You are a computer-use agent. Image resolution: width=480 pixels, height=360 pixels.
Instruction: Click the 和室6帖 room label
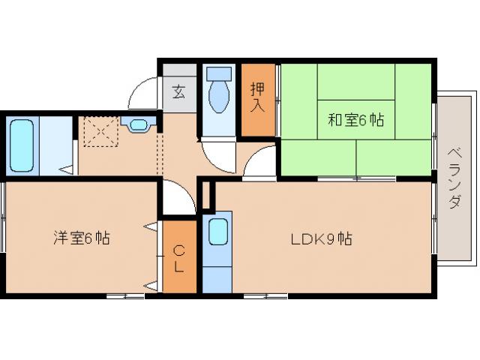tap(355, 119)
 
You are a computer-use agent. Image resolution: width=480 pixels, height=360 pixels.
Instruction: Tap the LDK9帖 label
tap(322, 240)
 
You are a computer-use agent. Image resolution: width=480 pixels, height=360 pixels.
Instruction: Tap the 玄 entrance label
tap(179, 92)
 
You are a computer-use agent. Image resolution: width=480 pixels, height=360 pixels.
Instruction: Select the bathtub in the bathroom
tap(22, 145)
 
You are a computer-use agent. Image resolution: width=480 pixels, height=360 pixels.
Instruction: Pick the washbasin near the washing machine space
tap(140, 124)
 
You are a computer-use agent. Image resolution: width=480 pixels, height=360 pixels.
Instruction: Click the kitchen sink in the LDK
tap(218, 232)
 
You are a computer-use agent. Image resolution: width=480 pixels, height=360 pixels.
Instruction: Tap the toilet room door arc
tap(218, 154)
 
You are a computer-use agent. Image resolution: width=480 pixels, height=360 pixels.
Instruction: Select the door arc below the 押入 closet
tap(259, 160)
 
